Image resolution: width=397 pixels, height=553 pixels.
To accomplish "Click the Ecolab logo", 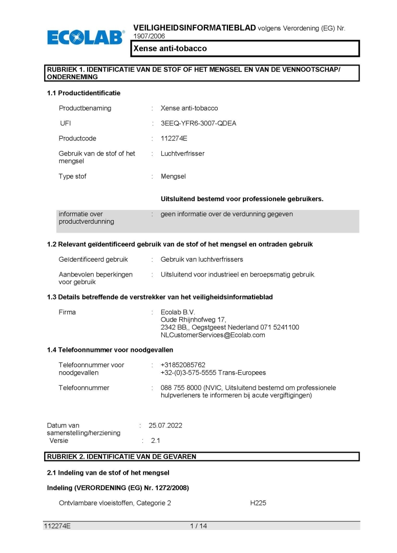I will (x=86, y=37).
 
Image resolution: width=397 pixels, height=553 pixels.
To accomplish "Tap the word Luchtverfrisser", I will (x=182, y=154).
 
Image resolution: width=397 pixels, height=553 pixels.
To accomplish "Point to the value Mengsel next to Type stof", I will (x=173, y=176).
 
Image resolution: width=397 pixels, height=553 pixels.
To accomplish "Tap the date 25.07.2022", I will (x=165, y=425).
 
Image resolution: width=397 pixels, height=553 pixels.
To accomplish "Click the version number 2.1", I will (x=155, y=440).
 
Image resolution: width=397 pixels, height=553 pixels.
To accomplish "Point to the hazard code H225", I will (x=258, y=503).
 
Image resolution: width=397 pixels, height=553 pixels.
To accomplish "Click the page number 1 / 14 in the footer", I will (x=198, y=526).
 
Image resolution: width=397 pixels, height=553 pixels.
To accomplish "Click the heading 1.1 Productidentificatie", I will (x=83, y=93).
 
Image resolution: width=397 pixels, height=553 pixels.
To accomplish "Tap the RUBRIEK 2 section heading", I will (x=121, y=456).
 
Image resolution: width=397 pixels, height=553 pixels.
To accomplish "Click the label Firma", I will (x=67, y=312).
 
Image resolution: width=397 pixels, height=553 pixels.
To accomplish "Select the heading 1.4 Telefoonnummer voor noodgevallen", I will (x=110, y=350).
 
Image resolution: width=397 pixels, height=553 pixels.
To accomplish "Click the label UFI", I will (x=66, y=123).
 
